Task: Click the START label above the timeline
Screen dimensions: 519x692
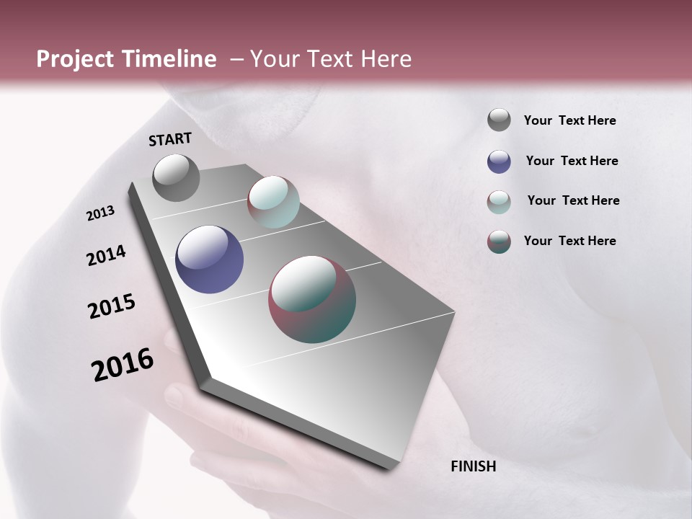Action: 170,139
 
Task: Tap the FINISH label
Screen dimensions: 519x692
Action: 473,466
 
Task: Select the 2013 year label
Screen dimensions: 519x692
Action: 101,213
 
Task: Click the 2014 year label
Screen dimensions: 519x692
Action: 106,255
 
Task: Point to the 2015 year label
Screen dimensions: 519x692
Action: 112,306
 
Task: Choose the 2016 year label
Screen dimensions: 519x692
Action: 123,365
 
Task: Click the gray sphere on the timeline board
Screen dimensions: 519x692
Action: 176,177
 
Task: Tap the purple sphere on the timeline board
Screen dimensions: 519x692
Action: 209,259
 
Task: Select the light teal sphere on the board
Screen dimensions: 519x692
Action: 273,202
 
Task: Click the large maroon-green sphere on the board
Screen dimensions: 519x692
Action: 312,299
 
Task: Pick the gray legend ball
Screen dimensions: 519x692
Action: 499,120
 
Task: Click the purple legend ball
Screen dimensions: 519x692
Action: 499,161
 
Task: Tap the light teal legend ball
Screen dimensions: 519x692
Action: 499,202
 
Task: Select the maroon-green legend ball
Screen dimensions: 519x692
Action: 499,241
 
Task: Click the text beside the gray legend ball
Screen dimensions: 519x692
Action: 569,121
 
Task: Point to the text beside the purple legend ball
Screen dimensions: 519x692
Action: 572,161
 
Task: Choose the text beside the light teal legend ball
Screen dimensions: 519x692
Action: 573,200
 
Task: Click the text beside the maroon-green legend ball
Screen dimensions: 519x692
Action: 569,241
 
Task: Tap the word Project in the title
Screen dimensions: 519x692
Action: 74,59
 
